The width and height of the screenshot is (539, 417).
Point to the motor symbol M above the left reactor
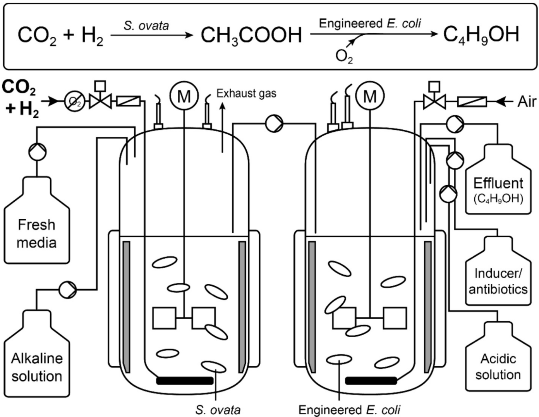tap(184, 96)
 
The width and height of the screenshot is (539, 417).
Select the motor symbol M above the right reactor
tap(370, 96)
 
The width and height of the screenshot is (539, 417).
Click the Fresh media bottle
tap(37, 228)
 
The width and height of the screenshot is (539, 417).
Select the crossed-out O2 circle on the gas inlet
tap(74, 102)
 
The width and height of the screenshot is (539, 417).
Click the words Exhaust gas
tap(246, 93)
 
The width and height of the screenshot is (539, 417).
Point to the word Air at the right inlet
tap(527, 102)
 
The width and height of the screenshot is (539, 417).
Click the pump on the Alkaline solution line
tap(68, 289)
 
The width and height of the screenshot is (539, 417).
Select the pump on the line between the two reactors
tap(274, 124)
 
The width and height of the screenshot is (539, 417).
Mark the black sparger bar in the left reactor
tap(185, 381)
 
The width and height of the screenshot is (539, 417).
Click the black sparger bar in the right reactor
tap(371, 381)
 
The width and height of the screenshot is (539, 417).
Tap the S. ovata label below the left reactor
tap(218, 410)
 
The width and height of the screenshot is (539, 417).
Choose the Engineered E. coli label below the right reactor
tap(349, 410)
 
